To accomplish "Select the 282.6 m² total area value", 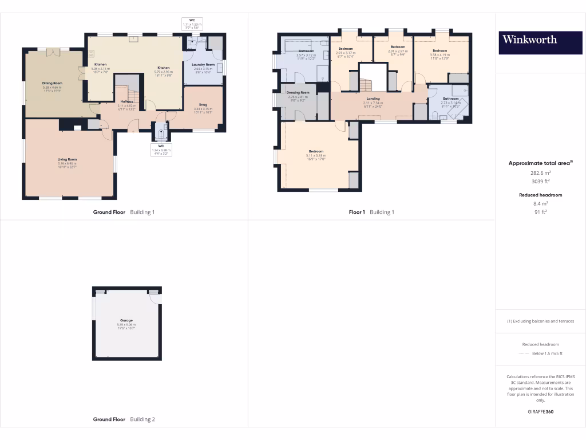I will (540, 172).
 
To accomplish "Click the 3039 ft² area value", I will (540, 181).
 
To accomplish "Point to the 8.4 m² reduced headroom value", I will (540, 203).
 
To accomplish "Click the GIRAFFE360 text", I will (540, 412).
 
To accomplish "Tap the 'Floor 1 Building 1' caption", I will (371, 212).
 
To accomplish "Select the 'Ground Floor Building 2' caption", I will (124, 419).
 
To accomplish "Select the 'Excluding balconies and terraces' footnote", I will (540, 321).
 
